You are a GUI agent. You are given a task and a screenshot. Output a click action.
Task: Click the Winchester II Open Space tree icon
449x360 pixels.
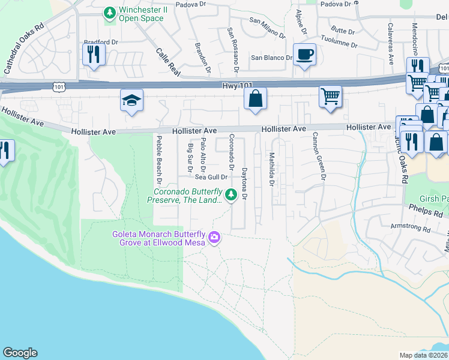(109, 13)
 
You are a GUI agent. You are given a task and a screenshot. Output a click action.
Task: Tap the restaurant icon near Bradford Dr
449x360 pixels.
(94, 55)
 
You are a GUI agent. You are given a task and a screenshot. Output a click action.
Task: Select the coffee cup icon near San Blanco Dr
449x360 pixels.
(304, 55)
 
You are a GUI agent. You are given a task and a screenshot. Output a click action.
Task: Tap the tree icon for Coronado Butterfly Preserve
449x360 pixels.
(230, 194)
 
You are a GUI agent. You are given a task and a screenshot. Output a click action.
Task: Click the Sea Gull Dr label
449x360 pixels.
(211, 177)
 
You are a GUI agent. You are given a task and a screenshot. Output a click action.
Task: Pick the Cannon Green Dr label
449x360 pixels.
(318, 157)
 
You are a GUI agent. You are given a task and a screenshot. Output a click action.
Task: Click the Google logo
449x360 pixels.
(20, 353)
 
